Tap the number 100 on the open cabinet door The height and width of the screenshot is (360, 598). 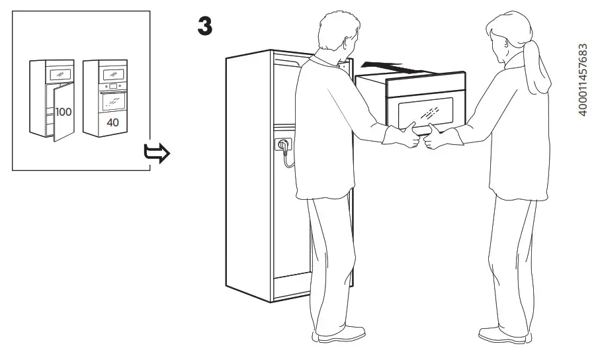point(64,112)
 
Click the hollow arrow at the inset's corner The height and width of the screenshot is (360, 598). point(157,154)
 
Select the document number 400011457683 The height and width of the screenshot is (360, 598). point(583,81)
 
